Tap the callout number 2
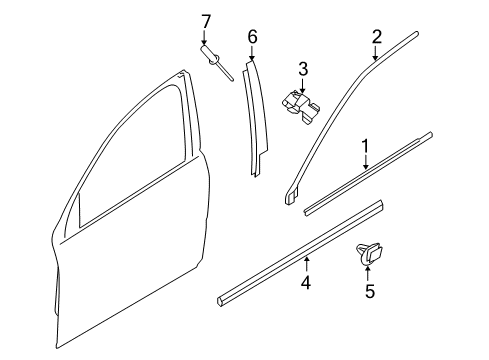(x=377, y=37)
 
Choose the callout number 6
(x=252, y=37)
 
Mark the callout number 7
(x=206, y=20)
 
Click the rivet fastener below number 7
(x=213, y=56)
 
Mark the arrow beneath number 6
(x=252, y=53)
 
